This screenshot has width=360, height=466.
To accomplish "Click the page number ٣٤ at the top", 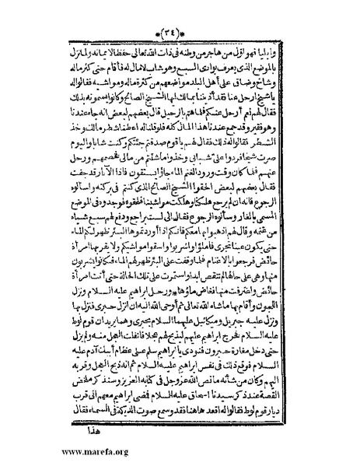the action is pos(180,12).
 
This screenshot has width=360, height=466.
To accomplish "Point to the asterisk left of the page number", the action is pos(162,12).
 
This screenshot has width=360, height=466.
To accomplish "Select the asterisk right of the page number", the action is pos(198,12).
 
